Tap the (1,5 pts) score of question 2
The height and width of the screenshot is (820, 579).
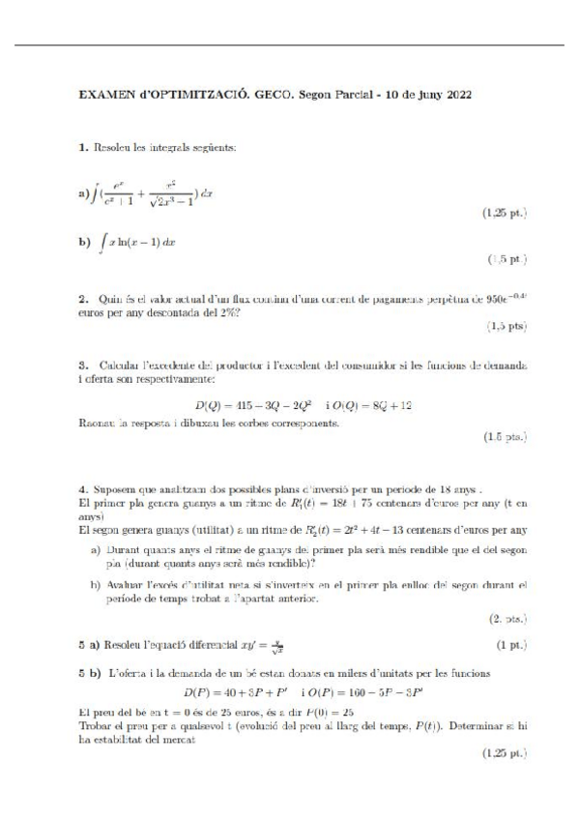(x=507, y=328)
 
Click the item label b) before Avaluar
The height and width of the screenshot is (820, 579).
(x=97, y=585)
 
